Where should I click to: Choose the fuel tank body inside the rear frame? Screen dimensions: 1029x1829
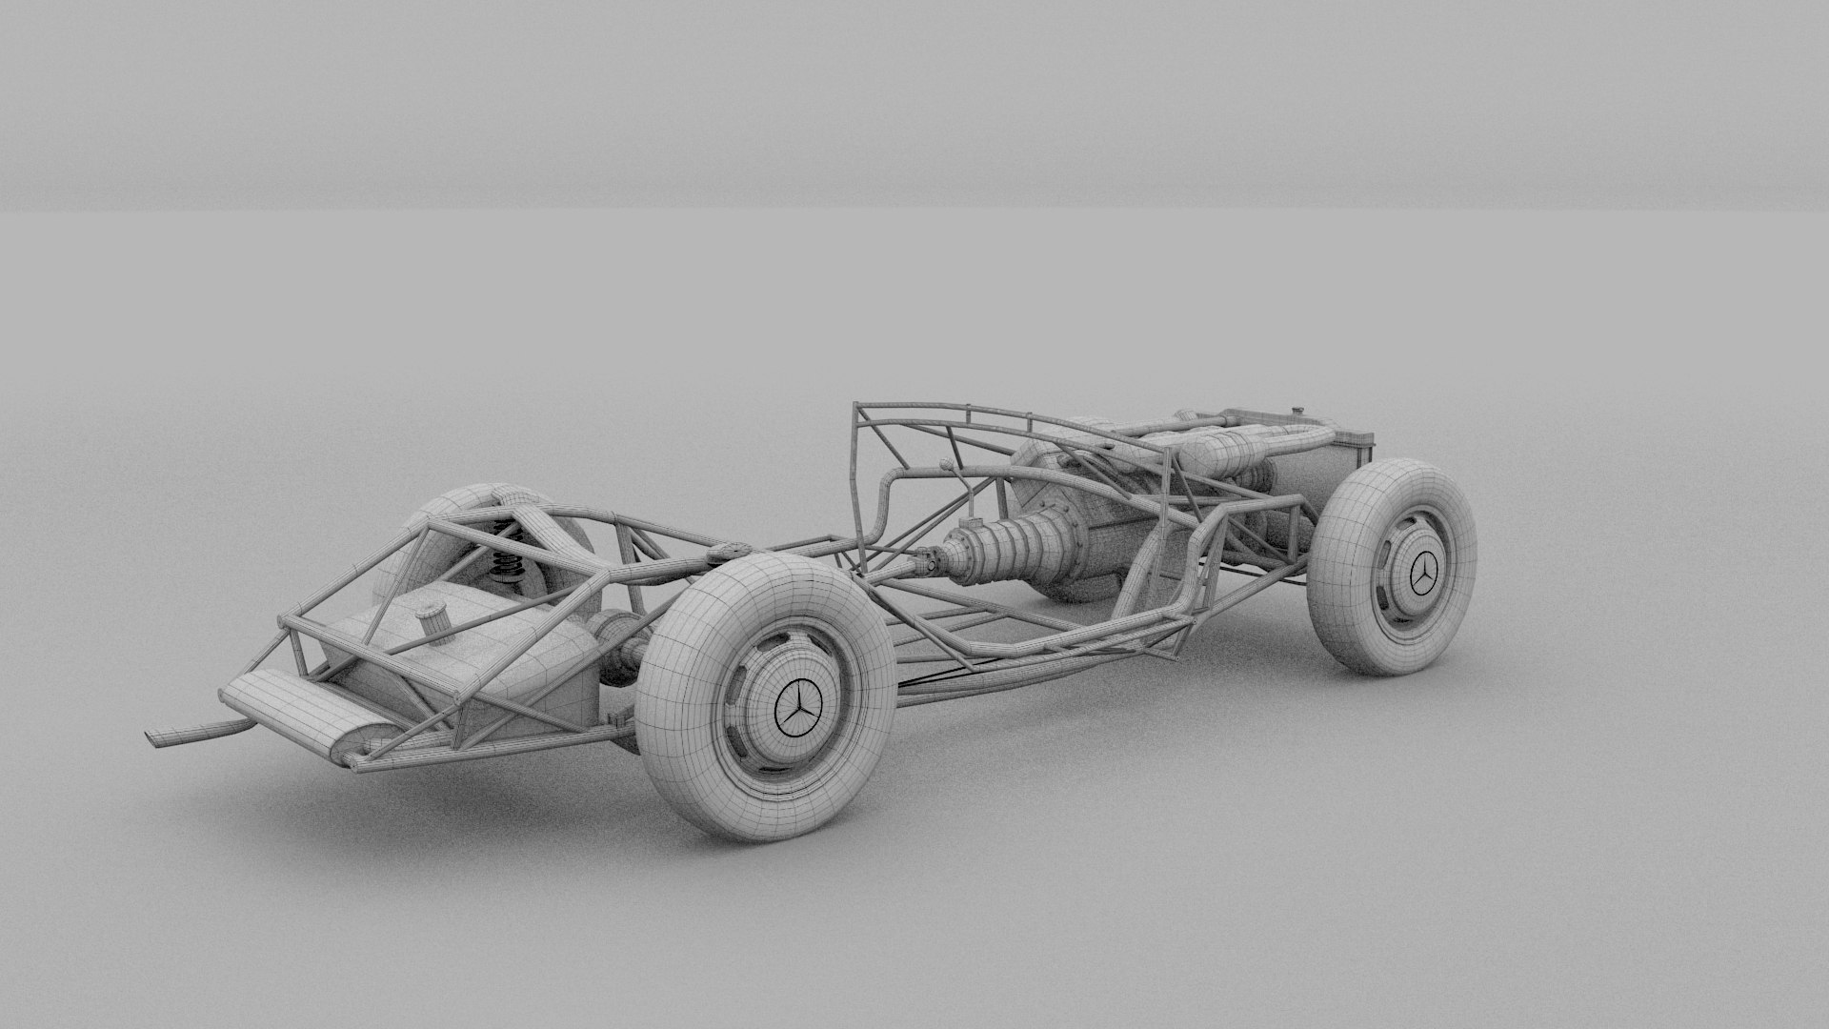click(x=476, y=657)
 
